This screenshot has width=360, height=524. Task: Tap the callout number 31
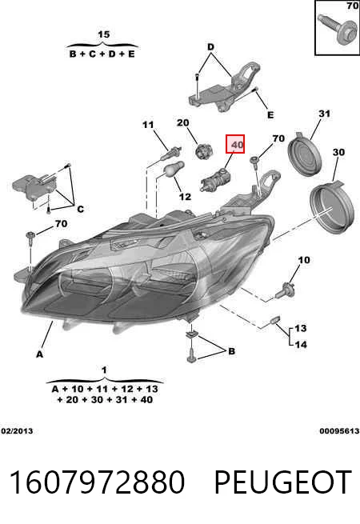pos(324,114)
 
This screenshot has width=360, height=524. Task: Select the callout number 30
pos(338,152)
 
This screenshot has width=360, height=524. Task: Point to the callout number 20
pos(183,123)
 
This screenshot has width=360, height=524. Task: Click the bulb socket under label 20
pos(202,150)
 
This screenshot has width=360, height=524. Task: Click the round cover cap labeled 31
pos(305,154)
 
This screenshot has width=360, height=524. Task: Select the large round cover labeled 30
pos(331,207)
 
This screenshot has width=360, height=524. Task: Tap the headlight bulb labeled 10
pos(284,290)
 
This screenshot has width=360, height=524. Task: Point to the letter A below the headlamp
pos(40,354)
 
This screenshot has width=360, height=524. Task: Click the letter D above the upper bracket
pos(210,46)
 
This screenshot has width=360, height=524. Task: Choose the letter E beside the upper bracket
pos(270,115)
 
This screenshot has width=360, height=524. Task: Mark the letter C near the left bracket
pos(80,209)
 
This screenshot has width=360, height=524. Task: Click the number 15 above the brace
pos(104,34)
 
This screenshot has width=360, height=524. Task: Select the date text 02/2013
pos(17,430)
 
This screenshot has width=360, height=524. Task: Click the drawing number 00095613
pos(339,430)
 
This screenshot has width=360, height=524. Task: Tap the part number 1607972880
pos(97,482)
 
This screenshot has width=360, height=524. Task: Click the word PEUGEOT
pos(282,482)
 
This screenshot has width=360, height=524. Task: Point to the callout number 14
pos(301,344)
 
